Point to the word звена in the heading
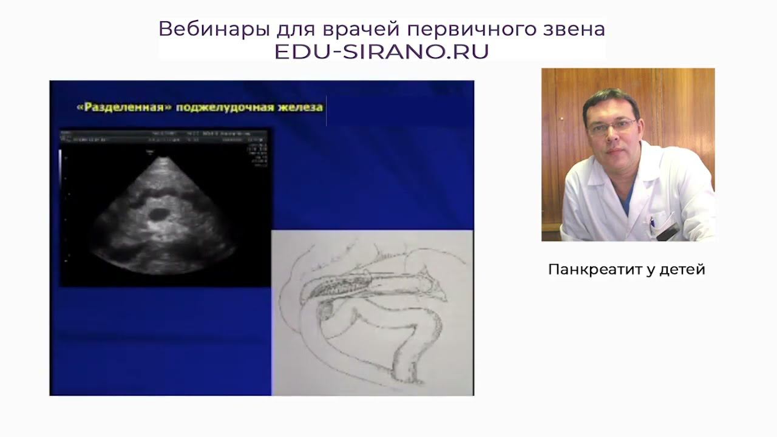[x=574, y=29]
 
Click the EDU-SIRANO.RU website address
[x=381, y=52]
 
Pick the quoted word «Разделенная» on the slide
[x=124, y=107]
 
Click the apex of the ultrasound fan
[x=163, y=158]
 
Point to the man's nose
[x=613, y=138]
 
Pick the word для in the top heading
[x=293, y=29]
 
